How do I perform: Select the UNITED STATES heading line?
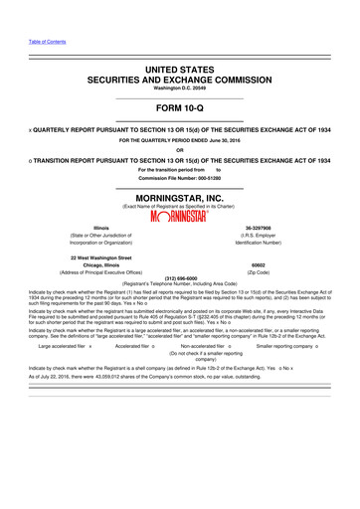click(179, 69)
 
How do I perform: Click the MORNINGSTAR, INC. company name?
click(179, 198)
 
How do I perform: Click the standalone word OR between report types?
click(179, 150)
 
